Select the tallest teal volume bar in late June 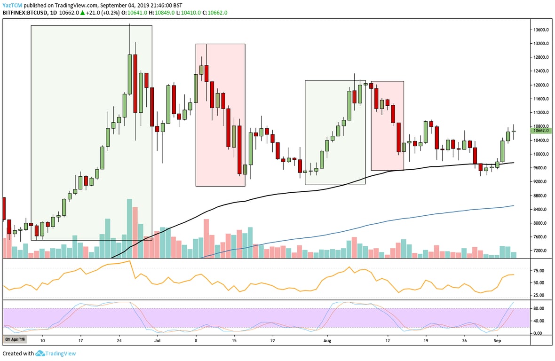(x=129, y=228)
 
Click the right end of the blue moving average (x=513, y=205)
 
